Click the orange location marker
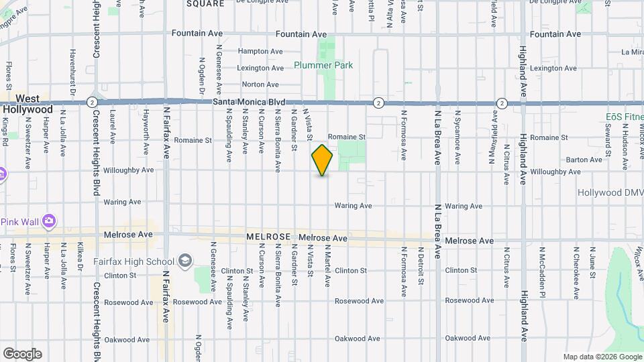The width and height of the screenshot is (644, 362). click(x=322, y=160)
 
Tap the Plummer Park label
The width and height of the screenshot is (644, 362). click(x=323, y=66)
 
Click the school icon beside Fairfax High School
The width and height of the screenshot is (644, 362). click(x=185, y=261)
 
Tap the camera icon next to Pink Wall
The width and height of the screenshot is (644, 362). click(x=48, y=221)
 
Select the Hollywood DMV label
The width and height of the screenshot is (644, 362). click(x=610, y=192)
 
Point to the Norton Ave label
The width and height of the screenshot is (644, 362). click(x=260, y=84)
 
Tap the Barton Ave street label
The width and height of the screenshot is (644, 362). click(x=584, y=160)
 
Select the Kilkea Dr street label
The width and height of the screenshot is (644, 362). click(x=80, y=257)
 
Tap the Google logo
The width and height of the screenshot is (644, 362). click(x=21, y=354)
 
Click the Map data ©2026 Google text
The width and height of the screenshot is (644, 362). click(x=602, y=357)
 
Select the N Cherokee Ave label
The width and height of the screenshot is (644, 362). click(x=575, y=263)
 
